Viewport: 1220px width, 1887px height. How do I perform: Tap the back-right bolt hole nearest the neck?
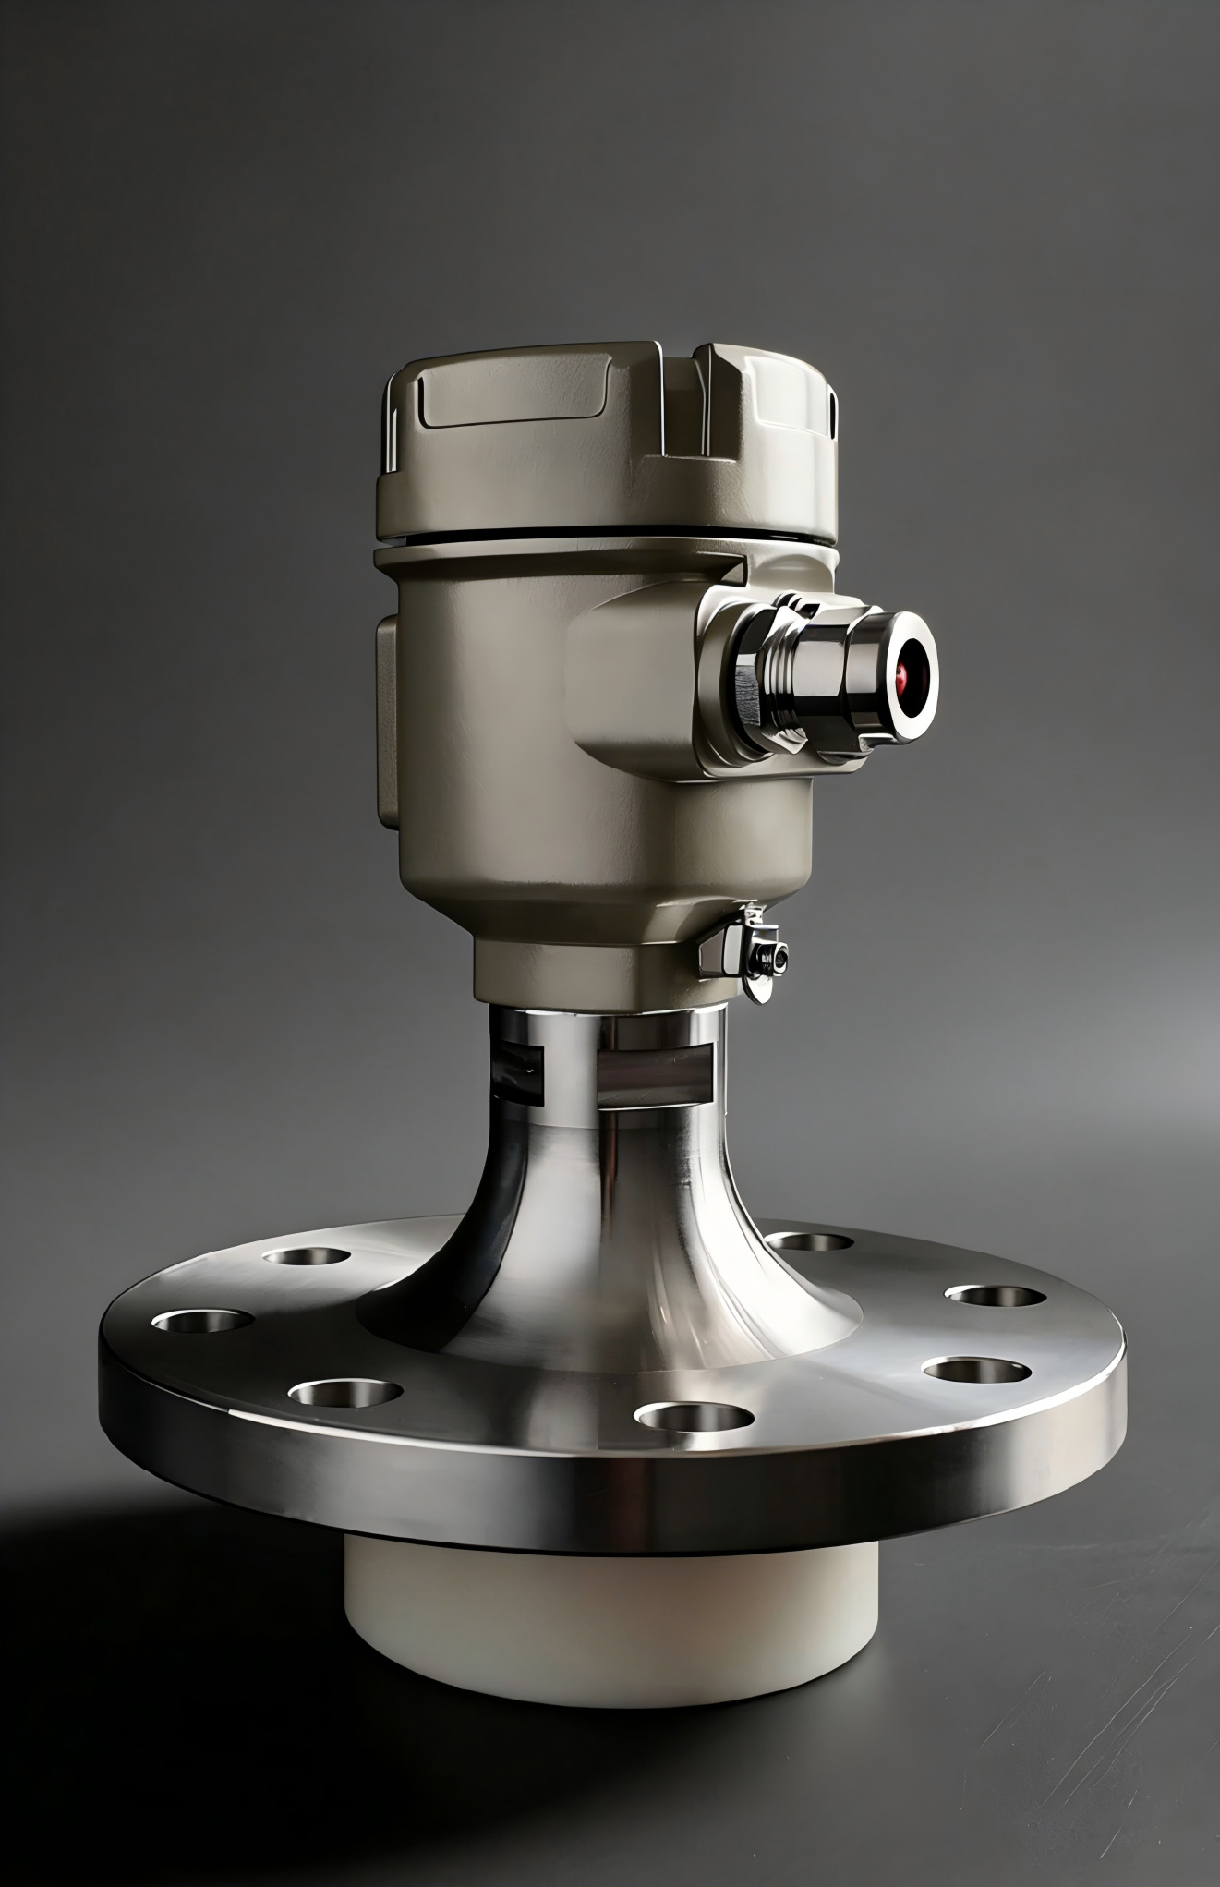(x=810, y=1240)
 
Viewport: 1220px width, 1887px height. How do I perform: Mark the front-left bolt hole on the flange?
(x=344, y=1390)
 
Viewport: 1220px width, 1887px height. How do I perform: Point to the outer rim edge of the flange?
(x=610, y=1515)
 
